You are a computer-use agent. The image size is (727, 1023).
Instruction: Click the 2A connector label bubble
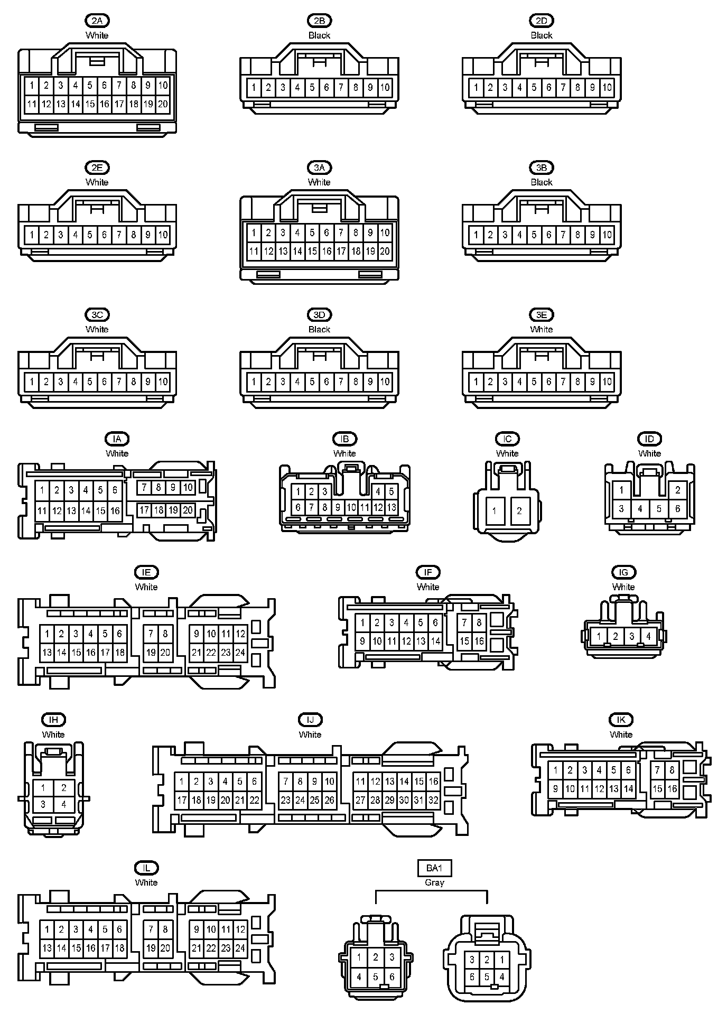pos(97,21)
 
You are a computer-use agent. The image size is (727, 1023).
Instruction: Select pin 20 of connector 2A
pos(163,104)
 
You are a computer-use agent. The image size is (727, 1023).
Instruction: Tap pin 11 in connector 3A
pos(254,251)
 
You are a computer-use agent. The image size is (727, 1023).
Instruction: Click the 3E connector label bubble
pos(541,315)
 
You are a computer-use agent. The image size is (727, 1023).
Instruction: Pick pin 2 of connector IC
pos(519,510)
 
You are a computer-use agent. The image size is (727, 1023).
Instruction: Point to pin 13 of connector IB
pos(392,508)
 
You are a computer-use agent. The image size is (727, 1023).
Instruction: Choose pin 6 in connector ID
pos(678,509)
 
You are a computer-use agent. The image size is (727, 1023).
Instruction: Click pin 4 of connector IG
pos(648,636)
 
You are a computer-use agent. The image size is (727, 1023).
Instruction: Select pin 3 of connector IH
pos(43,805)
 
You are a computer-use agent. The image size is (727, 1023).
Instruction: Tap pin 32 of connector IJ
pos(433,800)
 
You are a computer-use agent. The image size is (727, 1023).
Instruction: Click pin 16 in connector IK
pos(672,789)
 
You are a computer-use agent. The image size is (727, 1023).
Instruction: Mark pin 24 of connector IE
pos(240,653)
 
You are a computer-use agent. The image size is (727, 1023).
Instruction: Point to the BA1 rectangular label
pos(434,868)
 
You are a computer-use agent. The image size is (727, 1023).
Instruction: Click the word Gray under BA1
pos(434,882)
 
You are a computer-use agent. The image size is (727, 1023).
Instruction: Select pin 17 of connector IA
pos(144,510)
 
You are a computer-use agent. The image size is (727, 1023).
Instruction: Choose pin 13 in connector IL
pos(47,948)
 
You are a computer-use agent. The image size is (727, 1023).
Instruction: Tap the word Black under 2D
pos(541,35)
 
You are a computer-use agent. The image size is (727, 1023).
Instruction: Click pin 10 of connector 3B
pos(607,235)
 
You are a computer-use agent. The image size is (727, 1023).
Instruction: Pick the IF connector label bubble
pos(428,572)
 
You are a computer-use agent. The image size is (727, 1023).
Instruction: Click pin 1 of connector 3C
pos(32,382)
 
